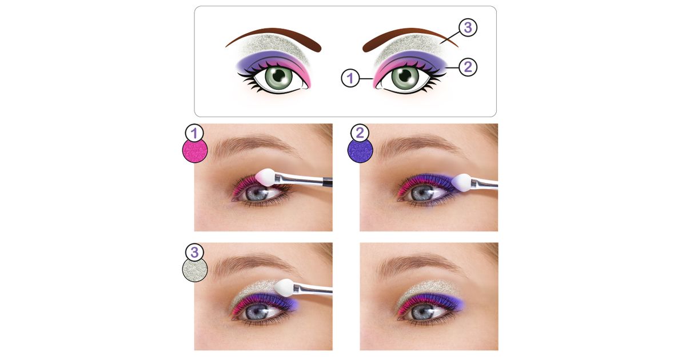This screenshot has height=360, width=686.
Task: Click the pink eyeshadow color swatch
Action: click(195, 150)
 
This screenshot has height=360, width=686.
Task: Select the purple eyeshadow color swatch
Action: click(360, 150)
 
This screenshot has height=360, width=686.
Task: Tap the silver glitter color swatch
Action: click(195, 269)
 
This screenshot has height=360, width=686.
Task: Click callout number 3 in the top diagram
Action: click(468, 27)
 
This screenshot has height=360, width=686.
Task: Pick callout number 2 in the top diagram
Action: click(468, 67)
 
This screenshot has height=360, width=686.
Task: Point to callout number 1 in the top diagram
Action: click(350, 78)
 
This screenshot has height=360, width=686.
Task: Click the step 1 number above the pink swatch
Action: click(194, 133)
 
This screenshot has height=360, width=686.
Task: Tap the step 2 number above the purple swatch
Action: click(360, 133)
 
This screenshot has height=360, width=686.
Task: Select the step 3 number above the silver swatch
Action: click(194, 252)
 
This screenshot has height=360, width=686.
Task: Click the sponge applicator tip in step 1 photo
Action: click(265, 177)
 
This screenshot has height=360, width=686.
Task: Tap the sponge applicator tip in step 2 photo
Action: click(461, 183)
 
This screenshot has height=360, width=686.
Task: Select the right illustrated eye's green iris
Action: click(405, 78)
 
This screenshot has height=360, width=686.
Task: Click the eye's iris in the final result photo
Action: click(422, 312)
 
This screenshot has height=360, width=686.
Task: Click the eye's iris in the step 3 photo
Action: click(257, 312)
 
